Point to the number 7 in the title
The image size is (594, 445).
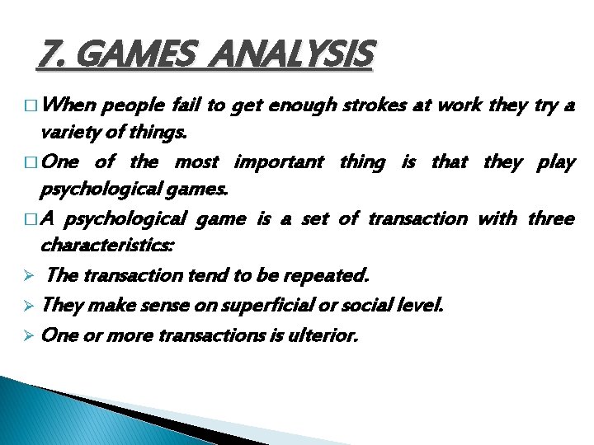(48, 57)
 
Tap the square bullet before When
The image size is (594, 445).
(31, 107)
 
